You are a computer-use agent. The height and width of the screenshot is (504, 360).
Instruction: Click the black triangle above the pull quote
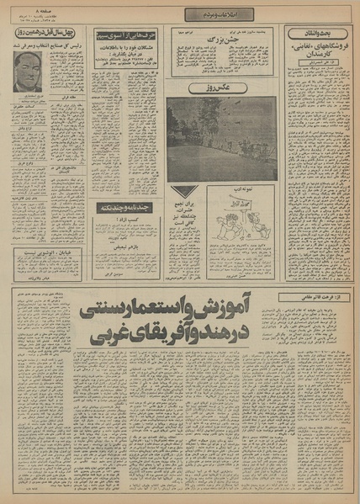pyautogui.click(x=189, y=193)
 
